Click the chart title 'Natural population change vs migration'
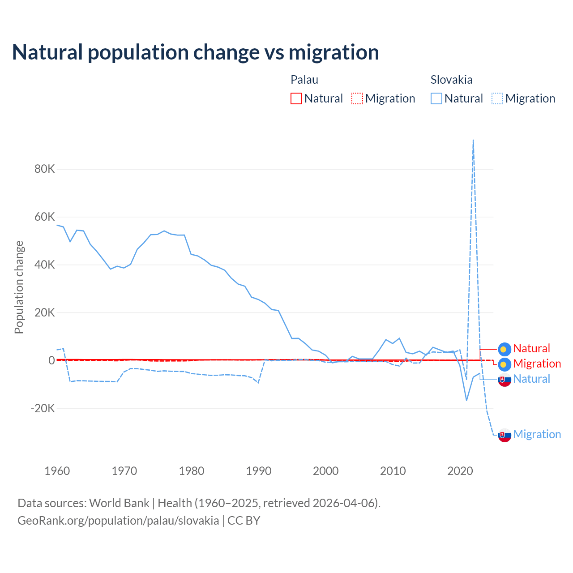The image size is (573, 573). pyautogui.click(x=196, y=52)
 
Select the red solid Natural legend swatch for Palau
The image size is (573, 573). pyautogui.click(x=296, y=98)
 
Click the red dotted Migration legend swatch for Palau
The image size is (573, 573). pyautogui.click(x=357, y=98)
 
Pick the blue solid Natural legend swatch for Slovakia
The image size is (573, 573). pyautogui.click(x=436, y=98)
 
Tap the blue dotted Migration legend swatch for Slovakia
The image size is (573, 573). pyautogui.click(x=497, y=98)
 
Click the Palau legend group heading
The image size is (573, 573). pyautogui.click(x=304, y=80)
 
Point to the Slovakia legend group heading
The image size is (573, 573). pyautogui.click(x=451, y=80)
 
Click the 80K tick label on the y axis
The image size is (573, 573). pyautogui.click(x=45, y=169)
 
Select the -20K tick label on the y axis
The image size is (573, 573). pyautogui.click(x=43, y=408)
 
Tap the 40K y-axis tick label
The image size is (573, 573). pyautogui.click(x=45, y=265)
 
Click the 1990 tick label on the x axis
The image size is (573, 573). pyautogui.click(x=259, y=471)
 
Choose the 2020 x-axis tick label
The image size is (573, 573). pyautogui.click(x=460, y=471)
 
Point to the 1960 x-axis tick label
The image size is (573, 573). pyautogui.click(x=57, y=471)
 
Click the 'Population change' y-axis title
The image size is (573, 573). pyautogui.click(x=19, y=287)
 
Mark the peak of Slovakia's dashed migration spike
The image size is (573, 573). pyautogui.click(x=473, y=140)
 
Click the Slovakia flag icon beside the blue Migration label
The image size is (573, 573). pyautogui.click(x=505, y=435)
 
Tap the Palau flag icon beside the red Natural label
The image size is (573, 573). pyautogui.click(x=505, y=349)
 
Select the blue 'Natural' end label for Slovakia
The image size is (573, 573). pyautogui.click(x=531, y=379)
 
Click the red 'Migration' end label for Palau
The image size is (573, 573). pyautogui.click(x=537, y=364)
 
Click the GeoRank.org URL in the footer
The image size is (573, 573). pyautogui.click(x=118, y=521)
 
